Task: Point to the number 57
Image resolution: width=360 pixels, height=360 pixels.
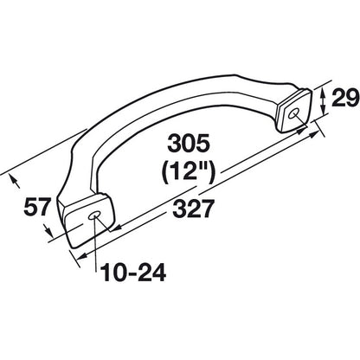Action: (x=36, y=209)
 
